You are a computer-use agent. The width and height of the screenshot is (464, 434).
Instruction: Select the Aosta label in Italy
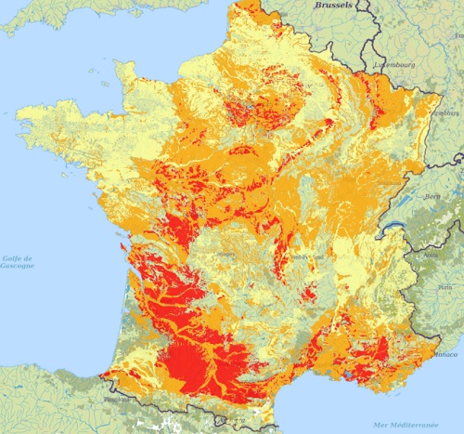[x=430, y=254]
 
